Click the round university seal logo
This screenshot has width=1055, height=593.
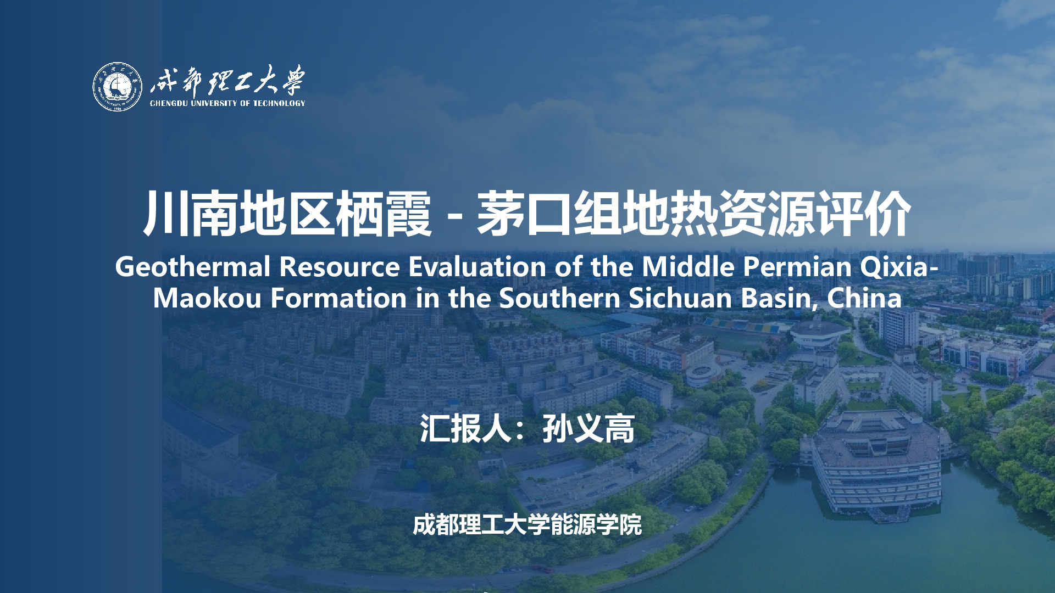point(117,87)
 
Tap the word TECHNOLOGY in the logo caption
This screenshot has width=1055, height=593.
point(279,103)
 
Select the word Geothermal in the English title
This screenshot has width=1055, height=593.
point(192,267)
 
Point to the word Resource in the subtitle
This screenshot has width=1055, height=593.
point(339,267)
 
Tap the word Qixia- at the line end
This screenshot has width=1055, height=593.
point(899,267)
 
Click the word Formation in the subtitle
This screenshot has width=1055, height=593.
point(338,298)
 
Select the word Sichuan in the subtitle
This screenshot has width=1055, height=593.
point(680,298)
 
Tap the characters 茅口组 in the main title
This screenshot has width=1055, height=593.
point(549,214)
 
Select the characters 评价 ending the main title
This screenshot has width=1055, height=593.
point(863,214)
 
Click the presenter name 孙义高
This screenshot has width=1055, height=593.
point(588,428)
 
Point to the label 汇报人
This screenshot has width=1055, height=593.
point(466,428)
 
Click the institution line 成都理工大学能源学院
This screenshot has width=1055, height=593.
point(527,525)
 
